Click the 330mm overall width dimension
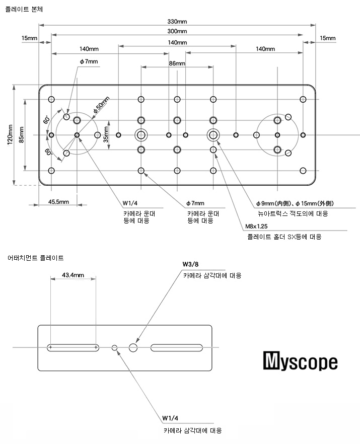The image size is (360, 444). point(177,22)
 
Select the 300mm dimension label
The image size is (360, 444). point(177,31)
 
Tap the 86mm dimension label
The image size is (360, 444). point(177,64)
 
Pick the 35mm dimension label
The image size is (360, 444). point(106,134)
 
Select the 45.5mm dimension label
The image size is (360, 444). point(59,201)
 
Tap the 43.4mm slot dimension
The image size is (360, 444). point(73,275)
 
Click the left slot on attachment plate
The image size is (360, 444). point(74,347)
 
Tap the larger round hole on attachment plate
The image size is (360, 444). point(133,347)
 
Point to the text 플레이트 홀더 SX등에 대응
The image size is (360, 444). point(284,237)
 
